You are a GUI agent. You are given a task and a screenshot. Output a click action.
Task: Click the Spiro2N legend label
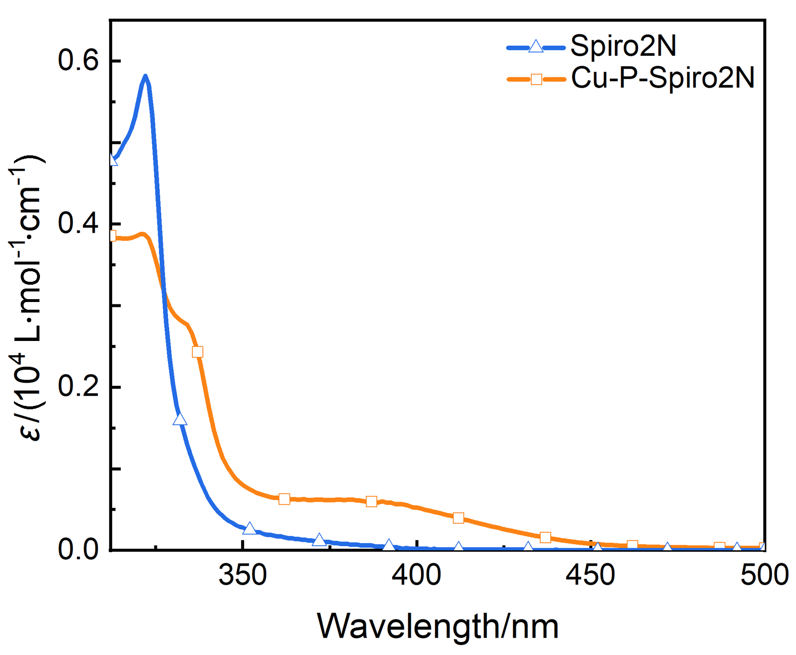623,46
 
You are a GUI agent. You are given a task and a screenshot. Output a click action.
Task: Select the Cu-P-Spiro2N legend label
663,78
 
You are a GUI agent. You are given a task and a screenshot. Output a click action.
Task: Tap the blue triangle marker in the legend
536,47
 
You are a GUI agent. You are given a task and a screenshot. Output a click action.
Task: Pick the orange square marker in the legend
536,79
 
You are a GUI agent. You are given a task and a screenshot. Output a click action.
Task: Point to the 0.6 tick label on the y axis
78,61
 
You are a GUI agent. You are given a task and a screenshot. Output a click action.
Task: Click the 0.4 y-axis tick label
78,224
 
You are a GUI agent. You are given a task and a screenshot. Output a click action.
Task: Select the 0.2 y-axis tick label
78,387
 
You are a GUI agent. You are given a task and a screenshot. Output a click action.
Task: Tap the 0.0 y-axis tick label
78,549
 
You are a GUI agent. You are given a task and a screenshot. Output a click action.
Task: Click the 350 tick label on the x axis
243,575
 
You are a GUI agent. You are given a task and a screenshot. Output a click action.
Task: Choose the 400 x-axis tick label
416,575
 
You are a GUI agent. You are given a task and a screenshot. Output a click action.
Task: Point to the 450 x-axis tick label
590,575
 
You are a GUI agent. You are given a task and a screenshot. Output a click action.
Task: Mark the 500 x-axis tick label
764,575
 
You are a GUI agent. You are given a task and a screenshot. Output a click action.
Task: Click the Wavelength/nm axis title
437,626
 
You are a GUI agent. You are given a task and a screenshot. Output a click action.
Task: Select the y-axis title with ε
28,298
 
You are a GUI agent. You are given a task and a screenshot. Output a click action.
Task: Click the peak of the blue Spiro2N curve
145,76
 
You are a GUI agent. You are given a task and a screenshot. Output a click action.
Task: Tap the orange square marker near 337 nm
197,352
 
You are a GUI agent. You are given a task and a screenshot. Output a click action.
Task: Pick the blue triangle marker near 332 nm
180,419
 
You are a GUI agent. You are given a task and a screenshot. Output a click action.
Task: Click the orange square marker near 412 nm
458,518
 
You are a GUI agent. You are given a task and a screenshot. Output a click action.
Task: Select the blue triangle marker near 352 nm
249,529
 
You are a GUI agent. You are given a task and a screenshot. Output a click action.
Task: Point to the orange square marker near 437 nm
545,537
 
